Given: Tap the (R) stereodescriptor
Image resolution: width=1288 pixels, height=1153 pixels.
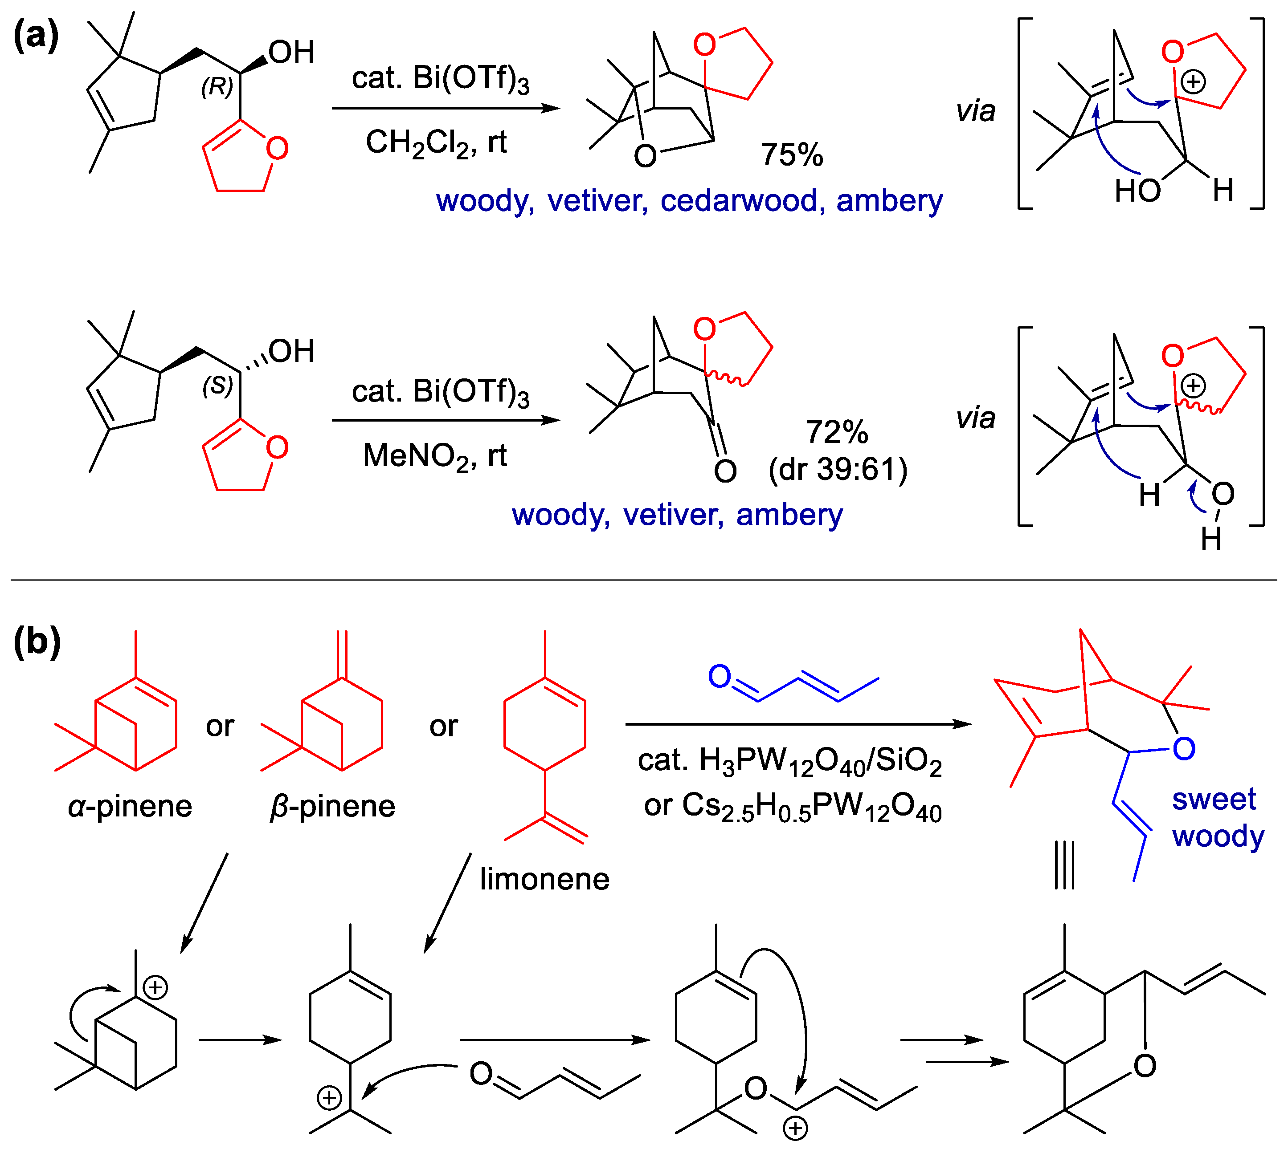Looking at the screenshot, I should [217, 87].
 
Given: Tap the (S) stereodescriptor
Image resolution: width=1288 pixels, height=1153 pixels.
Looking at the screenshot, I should [217, 386].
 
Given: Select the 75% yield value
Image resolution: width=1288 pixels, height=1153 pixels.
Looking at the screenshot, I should [792, 154].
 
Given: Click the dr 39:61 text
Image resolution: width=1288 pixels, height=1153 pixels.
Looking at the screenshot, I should [838, 469].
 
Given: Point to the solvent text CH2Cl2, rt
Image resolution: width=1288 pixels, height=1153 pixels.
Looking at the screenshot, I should [436, 142].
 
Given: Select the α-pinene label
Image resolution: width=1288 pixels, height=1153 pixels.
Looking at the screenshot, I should [130, 807].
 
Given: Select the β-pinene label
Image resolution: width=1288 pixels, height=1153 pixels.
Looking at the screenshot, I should [332, 807].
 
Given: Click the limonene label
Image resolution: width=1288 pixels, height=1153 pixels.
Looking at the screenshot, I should [544, 879].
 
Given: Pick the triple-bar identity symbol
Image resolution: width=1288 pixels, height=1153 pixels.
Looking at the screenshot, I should [1064, 865].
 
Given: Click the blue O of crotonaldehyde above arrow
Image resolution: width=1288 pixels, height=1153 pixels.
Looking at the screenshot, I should [720, 677].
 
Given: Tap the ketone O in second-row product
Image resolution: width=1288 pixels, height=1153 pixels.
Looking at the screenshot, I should [725, 471].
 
